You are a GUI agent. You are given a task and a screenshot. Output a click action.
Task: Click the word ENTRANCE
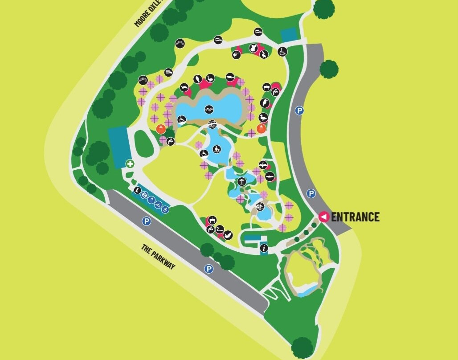(355, 217)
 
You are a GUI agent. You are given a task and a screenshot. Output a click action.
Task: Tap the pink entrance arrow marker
(324, 217)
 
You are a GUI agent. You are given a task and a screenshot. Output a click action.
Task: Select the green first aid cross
(130, 164)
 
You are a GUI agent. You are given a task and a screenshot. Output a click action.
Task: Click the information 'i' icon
(264, 248)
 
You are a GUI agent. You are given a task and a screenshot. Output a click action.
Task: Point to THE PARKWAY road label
(158, 257)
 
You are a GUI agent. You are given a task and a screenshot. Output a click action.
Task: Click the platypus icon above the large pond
(230, 77)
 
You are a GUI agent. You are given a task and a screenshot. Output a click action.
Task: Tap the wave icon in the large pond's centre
(209, 110)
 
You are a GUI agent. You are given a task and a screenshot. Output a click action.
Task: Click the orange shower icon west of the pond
(161, 129)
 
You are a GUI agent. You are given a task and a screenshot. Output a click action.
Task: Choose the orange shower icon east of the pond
(262, 129)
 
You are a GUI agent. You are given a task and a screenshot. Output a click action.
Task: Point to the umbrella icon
(241, 181)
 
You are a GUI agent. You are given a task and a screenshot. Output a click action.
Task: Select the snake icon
(219, 230)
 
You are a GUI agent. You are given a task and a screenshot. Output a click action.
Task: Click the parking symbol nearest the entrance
(311, 193)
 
